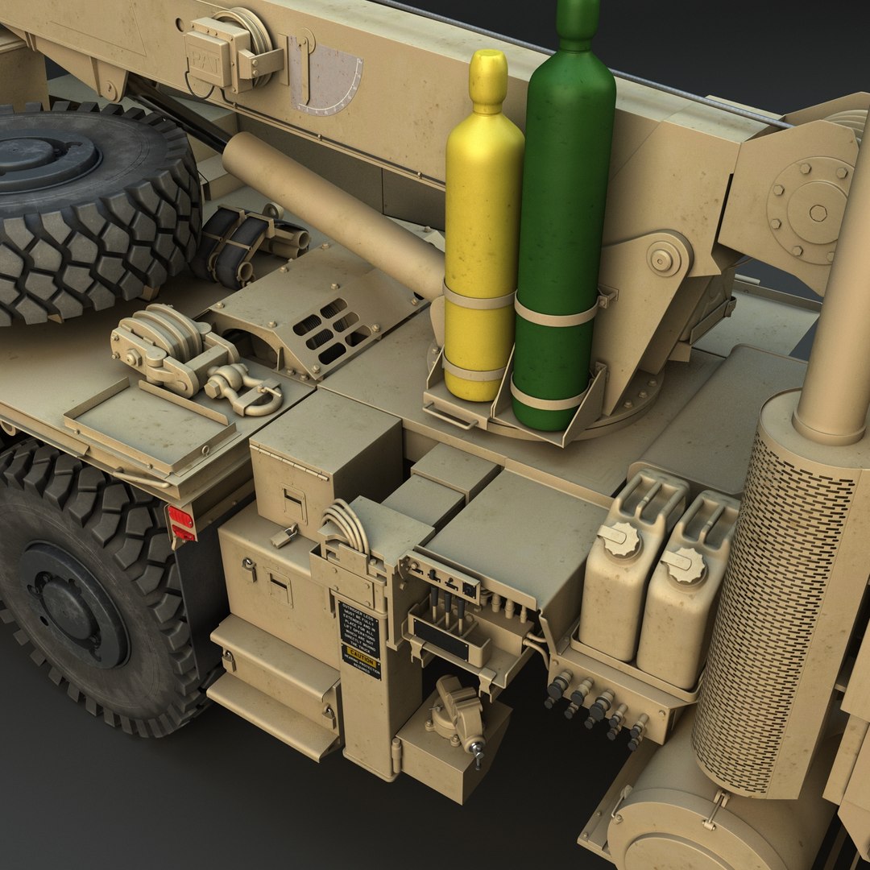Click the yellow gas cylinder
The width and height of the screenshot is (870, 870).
(482, 234)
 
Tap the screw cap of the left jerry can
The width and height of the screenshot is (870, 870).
(621, 539)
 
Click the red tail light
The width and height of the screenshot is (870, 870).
(180, 524)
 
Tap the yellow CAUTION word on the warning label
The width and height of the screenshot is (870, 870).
(359, 660)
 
